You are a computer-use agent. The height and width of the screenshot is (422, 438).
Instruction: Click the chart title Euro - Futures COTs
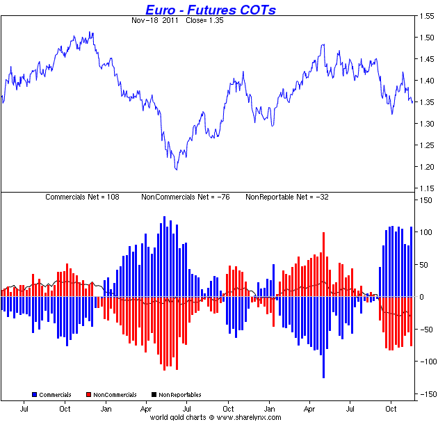[210, 9]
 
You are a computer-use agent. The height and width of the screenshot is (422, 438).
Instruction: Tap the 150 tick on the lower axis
[423, 200]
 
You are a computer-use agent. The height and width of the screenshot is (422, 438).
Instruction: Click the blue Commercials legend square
[35, 395]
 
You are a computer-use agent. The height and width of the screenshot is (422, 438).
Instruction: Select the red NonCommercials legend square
[89, 395]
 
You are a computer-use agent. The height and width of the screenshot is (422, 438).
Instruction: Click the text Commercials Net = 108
[82, 197]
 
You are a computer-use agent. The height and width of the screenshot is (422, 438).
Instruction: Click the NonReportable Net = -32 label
[287, 197]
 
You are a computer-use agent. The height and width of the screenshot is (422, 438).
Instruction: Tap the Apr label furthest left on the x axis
[147, 409]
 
